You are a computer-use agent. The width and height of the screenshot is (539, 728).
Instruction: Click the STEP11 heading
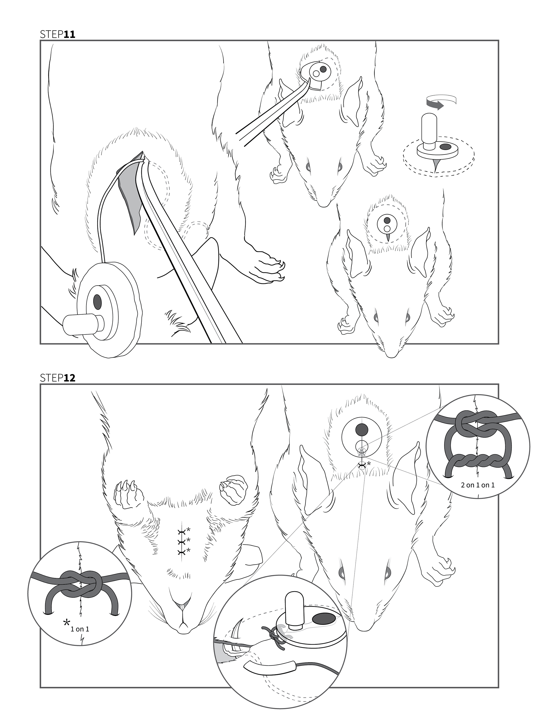(58, 34)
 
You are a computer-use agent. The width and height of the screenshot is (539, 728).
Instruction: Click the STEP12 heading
(58, 378)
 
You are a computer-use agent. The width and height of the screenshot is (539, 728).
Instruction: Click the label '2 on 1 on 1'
(478, 485)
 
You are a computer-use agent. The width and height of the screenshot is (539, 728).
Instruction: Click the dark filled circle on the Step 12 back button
(362, 430)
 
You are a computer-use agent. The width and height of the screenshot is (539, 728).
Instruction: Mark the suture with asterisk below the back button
(362, 466)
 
